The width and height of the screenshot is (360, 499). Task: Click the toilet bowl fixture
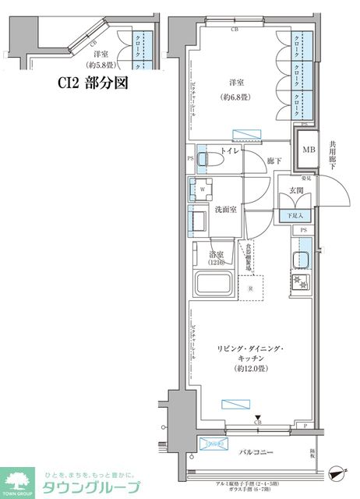(x=210, y=159)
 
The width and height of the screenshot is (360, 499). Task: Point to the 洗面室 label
(x=226, y=211)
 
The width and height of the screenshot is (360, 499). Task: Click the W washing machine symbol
(x=203, y=189)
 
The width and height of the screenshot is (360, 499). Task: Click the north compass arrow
(x=337, y=470)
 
